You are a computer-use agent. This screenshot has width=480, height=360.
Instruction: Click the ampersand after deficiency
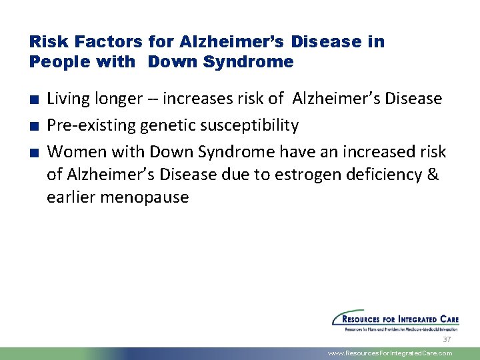point(432,175)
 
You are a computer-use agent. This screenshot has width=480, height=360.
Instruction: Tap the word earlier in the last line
point(69,198)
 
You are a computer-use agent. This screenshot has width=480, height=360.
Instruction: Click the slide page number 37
point(447,339)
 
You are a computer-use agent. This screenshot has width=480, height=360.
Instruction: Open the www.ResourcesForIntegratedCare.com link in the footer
point(390,353)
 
